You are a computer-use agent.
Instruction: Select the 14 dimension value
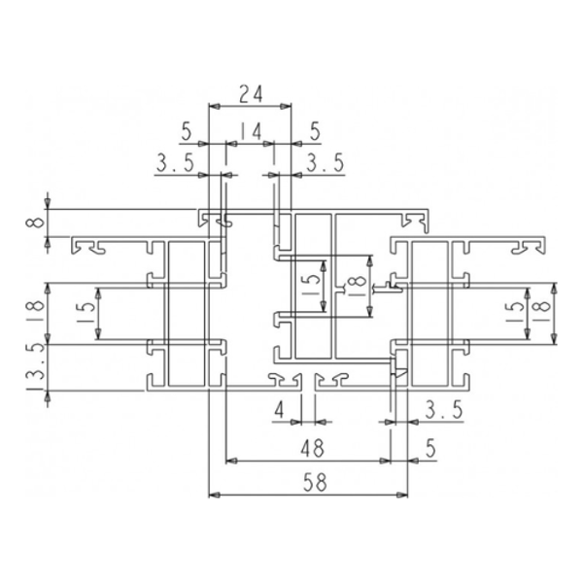point(250,131)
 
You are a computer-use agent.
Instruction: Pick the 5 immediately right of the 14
point(313,131)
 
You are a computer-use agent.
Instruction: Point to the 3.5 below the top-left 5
point(174,164)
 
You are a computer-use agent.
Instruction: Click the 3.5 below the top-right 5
point(325,164)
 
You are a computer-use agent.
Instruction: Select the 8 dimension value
point(35,223)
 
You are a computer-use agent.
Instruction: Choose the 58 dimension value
point(310,482)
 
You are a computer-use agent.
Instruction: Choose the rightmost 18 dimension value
point(542,313)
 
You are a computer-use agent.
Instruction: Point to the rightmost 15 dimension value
point(514,313)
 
